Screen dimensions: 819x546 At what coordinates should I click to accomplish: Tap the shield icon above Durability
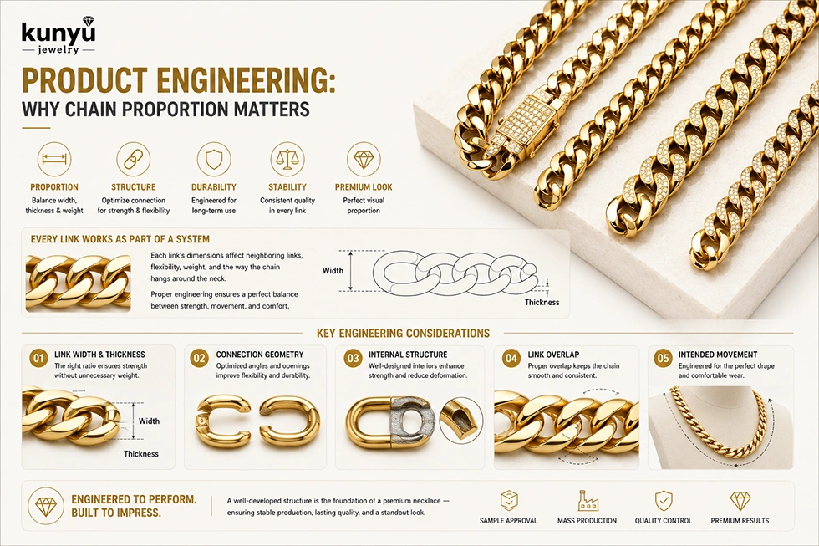(214, 160)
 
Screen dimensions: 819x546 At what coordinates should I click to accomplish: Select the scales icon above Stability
(287, 160)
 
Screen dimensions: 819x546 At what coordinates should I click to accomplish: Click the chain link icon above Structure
(133, 160)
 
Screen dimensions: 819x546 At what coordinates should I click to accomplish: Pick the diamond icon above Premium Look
(364, 160)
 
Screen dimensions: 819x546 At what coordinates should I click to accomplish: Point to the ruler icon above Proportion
(54, 160)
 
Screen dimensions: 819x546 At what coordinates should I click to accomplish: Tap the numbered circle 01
(38, 359)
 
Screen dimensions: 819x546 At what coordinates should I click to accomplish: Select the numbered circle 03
(353, 359)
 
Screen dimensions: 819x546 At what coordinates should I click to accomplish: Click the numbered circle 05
(663, 359)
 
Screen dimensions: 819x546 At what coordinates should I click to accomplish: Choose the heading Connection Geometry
(260, 355)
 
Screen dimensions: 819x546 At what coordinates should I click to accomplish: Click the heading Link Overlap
(553, 355)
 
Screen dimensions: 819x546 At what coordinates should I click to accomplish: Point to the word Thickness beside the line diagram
(542, 302)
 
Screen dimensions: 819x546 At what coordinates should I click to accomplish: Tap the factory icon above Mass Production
(588, 501)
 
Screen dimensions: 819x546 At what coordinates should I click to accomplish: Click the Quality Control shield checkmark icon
(664, 501)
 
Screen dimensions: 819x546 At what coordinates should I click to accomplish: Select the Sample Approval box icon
(509, 501)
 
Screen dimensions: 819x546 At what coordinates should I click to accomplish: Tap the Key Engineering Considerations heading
(403, 334)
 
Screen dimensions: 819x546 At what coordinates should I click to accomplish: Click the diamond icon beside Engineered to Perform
(45, 506)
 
